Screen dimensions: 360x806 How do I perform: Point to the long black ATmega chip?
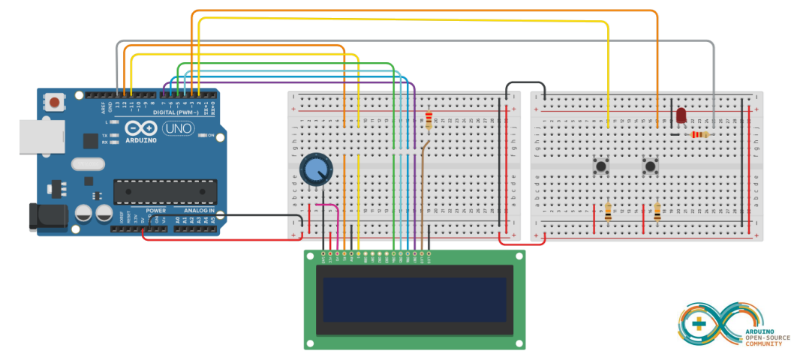point(164,191)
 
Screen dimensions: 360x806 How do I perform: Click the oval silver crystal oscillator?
point(89,163)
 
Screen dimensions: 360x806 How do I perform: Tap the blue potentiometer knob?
point(314,170)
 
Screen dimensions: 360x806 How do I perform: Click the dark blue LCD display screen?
point(415,298)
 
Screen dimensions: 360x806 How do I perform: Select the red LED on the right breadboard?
point(681,115)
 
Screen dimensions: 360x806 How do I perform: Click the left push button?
point(601,166)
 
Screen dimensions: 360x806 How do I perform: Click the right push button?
point(651,166)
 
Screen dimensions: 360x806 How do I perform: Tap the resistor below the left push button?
point(607,212)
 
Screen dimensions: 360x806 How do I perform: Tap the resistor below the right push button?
point(657,212)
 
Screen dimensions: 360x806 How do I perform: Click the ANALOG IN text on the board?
point(195,211)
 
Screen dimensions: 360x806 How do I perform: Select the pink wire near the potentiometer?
point(331,208)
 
